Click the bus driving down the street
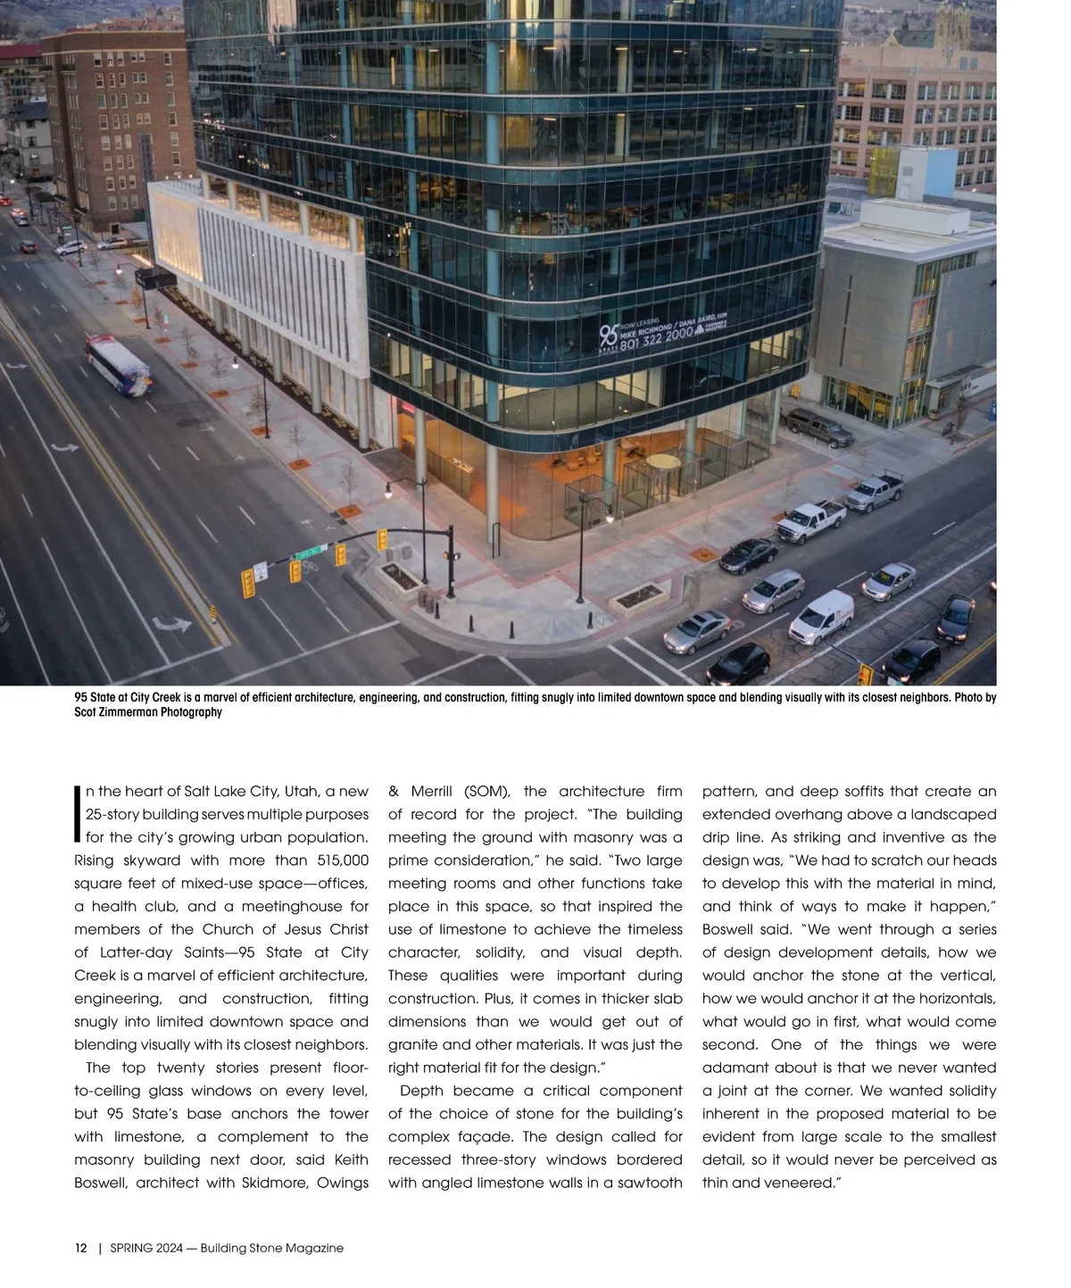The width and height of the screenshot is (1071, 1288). [x=119, y=364]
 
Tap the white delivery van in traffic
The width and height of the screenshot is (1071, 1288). [x=822, y=616]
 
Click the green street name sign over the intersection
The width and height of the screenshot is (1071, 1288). [x=308, y=553]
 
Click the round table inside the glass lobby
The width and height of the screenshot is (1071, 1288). [x=662, y=462]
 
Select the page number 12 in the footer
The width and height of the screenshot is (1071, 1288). [x=80, y=1248]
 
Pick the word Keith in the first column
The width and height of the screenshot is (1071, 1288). [x=351, y=1159]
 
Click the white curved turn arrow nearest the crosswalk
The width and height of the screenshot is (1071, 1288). [x=172, y=625]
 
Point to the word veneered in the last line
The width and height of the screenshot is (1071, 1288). [x=804, y=1183]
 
